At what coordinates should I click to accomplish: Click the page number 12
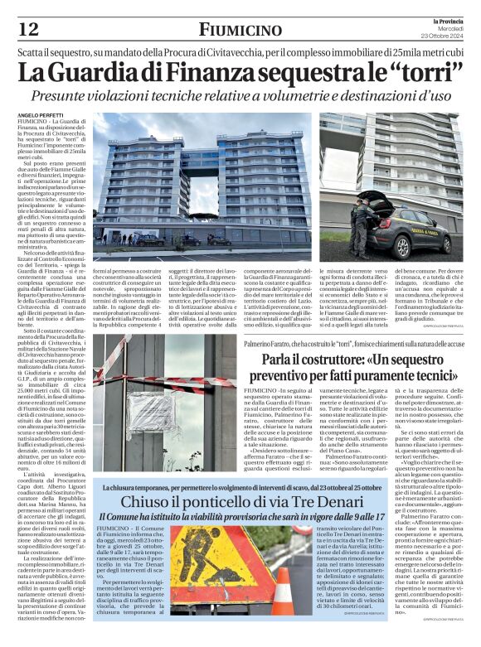27,30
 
